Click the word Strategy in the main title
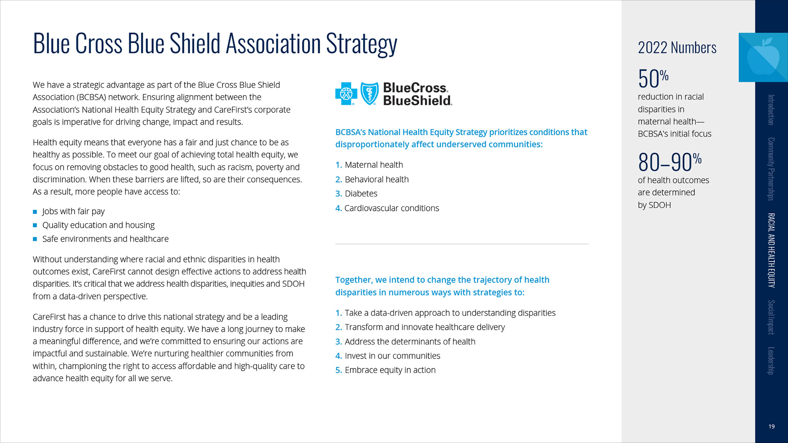(x=362, y=44)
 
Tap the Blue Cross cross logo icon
(x=346, y=94)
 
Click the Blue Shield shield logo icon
(x=369, y=94)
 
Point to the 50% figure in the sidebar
(x=653, y=78)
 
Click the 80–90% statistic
(x=670, y=162)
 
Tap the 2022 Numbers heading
(x=677, y=48)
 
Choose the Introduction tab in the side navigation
(x=771, y=110)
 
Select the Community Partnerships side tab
(x=771, y=169)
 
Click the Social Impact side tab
(x=771, y=317)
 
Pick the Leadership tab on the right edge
(x=771, y=361)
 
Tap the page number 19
(x=772, y=427)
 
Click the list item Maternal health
(x=374, y=165)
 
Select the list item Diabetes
(x=361, y=194)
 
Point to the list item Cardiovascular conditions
(x=392, y=208)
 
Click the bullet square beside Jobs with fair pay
(x=35, y=212)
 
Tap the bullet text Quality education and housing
(x=98, y=225)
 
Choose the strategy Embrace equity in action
(x=390, y=370)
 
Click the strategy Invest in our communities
(x=392, y=356)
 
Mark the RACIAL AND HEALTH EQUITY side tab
(x=771, y=250)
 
